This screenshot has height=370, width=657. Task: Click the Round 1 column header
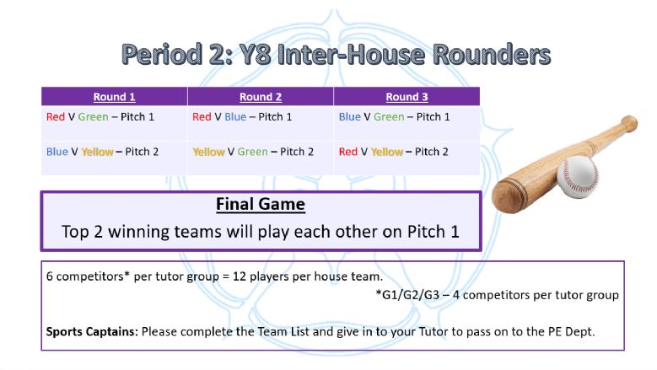click(x=114, y=97)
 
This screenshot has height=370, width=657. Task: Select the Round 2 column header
click(x=261, y=97)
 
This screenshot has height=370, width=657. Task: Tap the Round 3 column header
click(x=407, y=97)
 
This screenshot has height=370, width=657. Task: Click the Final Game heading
click(x=261, y=204)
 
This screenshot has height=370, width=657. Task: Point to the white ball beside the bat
click(x=578, y=177)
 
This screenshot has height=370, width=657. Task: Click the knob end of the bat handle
click(x=629, y=123)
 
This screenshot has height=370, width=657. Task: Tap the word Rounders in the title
click(x=492, y=55)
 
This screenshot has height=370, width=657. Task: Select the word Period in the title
click(x=162, y=55)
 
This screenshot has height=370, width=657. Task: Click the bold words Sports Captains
click(x=92, y=332)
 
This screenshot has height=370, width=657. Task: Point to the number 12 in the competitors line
click(x=240, y=276)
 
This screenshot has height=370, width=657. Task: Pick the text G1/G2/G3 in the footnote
click(x=411, y=295)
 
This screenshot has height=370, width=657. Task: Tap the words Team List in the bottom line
click(x=283, y=332)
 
